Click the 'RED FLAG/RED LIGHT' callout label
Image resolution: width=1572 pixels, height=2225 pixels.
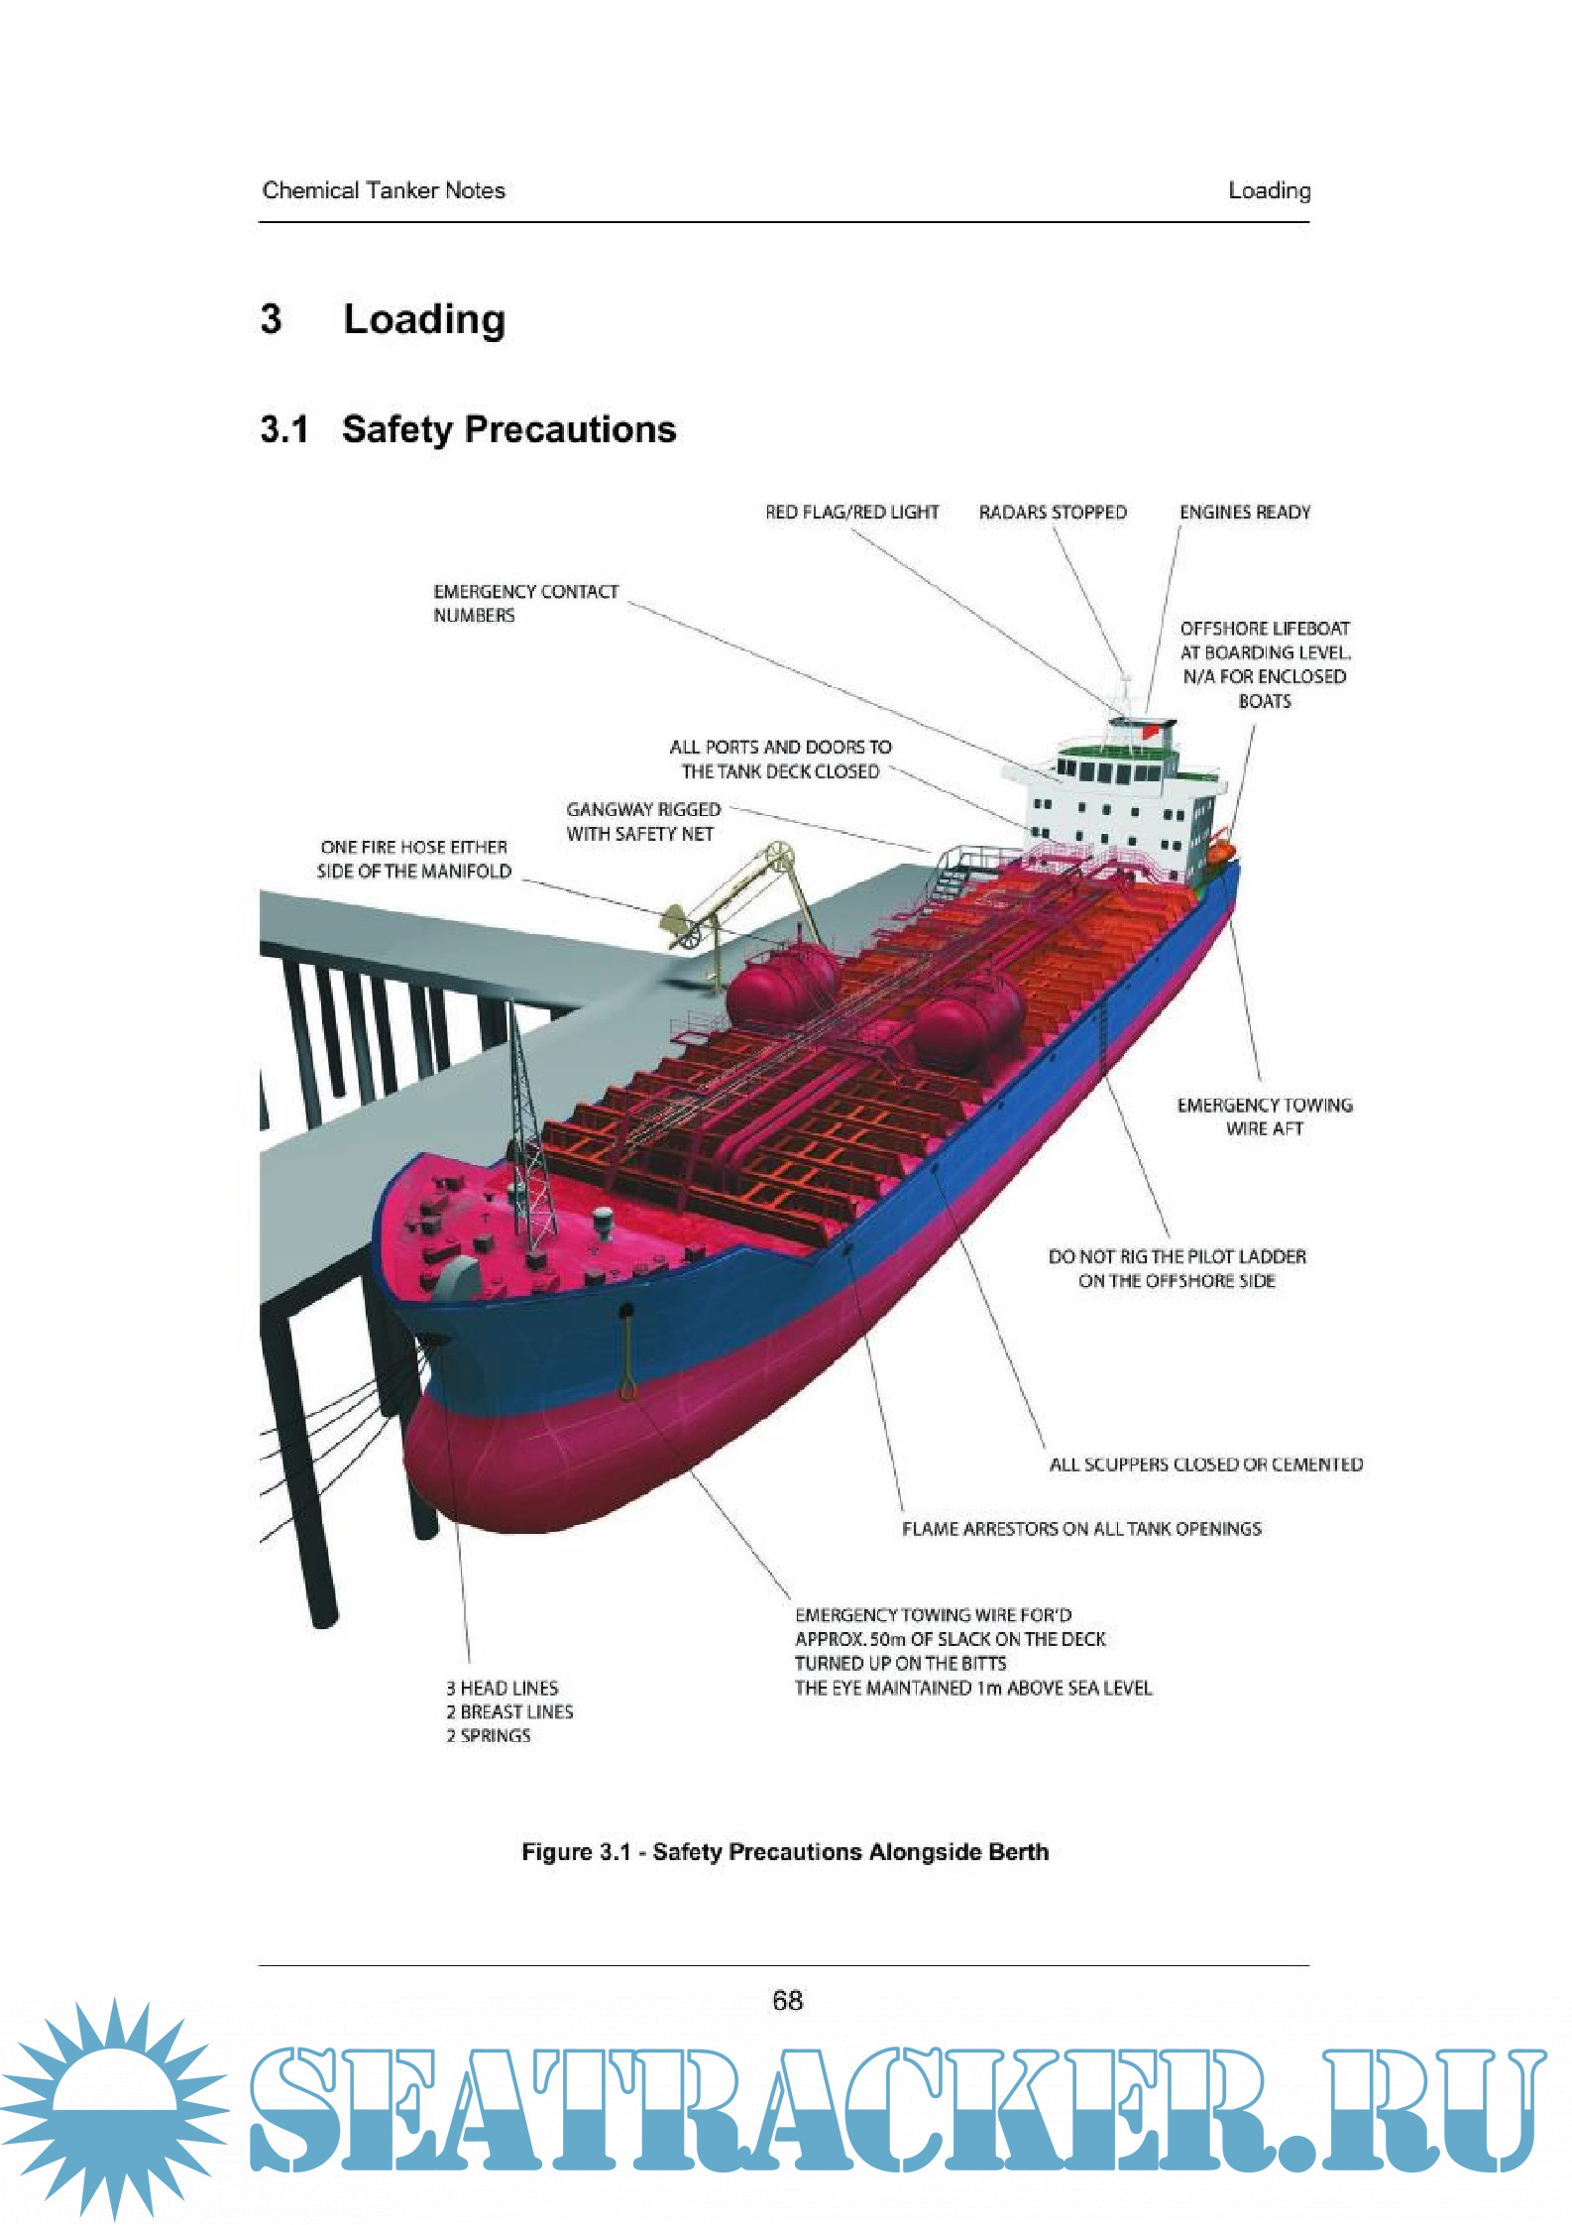click(851, 513)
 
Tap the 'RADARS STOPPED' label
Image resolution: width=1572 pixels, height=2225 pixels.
click(1053, 513)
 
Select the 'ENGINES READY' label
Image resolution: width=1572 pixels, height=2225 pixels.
click(1244, 513)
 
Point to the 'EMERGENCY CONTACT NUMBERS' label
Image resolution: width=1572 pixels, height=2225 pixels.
click(525, 603)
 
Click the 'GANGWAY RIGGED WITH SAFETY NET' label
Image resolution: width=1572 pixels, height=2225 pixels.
click(643, 822)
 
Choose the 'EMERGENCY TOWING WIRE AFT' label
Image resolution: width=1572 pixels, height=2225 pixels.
click(1264, 1116)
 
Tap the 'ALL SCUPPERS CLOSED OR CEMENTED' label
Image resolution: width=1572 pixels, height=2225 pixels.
click(1205, 1464)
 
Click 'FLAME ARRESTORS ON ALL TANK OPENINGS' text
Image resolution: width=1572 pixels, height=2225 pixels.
click(1081, 1529)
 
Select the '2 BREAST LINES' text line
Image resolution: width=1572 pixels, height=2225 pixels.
click(509, 1711)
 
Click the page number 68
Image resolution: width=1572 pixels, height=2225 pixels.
click(787, 2000)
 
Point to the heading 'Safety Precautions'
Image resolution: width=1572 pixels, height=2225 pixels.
click(508, 429)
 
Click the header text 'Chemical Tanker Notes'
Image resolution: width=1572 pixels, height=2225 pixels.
click(384, 190)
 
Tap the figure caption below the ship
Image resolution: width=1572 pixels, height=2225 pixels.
click(785, 1852)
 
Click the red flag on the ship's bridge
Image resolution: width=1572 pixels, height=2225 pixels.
click(1149, 732)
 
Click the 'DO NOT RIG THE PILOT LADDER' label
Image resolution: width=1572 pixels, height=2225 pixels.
click(1177, 1268)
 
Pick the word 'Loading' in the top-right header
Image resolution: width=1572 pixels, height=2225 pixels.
click(1269, 190)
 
